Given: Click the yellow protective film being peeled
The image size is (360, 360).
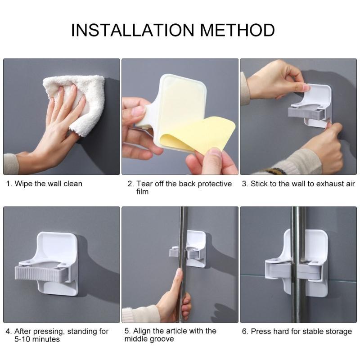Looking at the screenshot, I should click(x=202, y=135).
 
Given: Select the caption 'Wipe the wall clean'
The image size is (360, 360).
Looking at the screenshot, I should click(x=48, y=184).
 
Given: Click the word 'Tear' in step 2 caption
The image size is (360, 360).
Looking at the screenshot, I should click(x=145, y=184).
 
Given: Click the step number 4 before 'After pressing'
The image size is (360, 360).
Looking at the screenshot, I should click(x=8, y=332).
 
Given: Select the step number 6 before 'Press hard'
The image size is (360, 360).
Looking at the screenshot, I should click(x=244, y=332).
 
